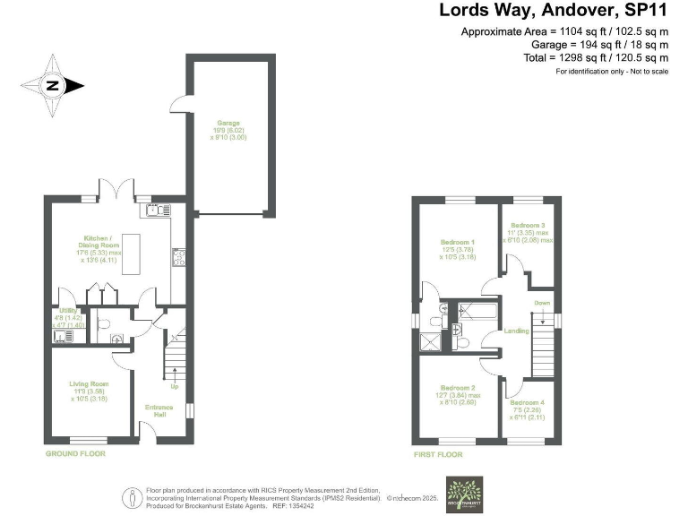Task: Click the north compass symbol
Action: [x=52, y=86]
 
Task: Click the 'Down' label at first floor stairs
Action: [x=542, y=303]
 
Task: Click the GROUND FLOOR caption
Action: [x=76, y=454]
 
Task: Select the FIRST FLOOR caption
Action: [x=439, y=454]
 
